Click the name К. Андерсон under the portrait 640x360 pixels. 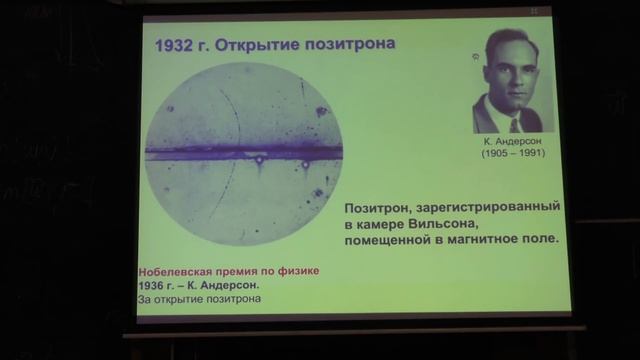click(x=515, y=143)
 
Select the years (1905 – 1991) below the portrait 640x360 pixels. click(x=515, y=156)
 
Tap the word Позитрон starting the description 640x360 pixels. click(x=378, y=207)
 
